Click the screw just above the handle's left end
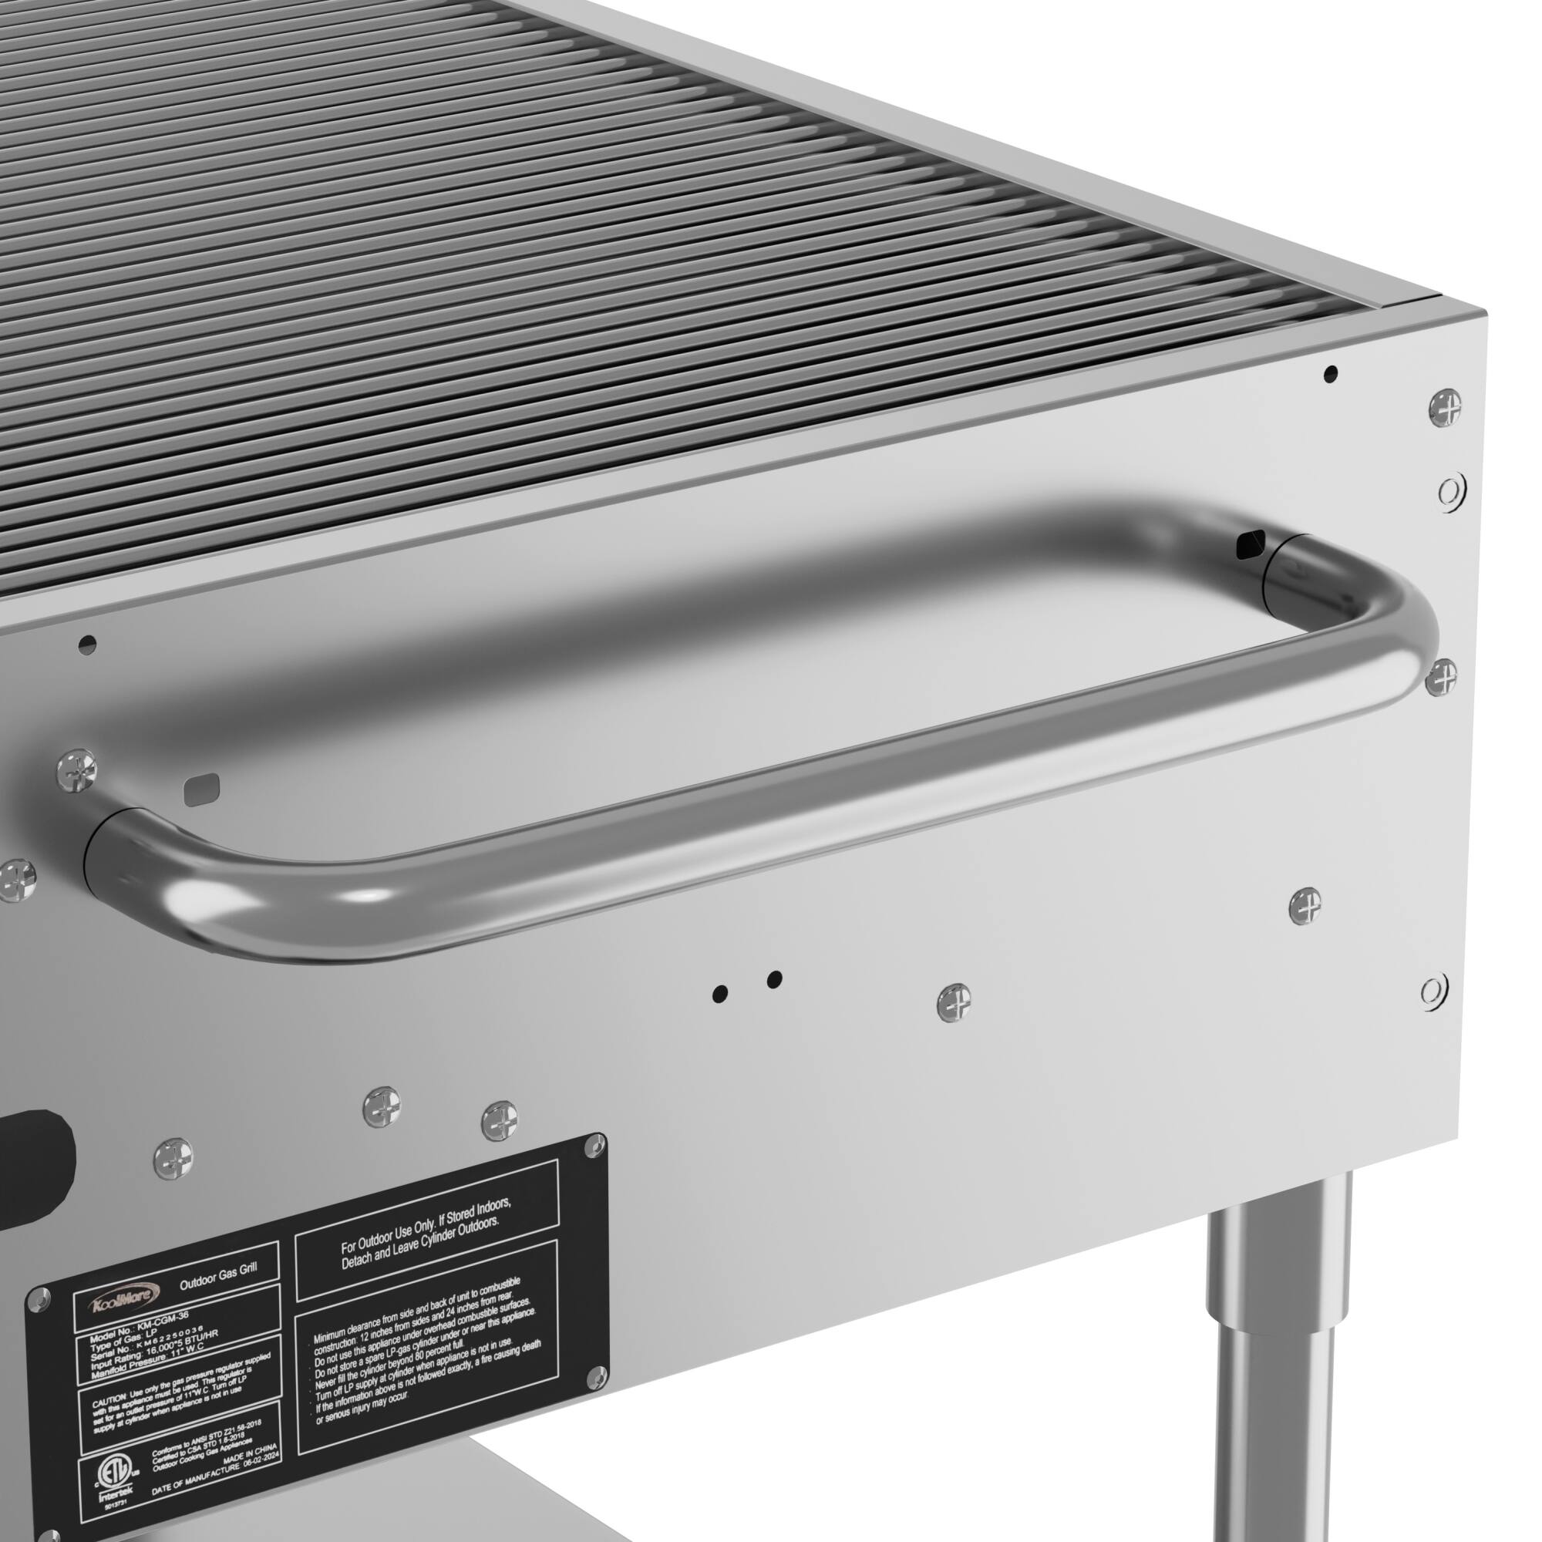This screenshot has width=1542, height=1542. pyautogui.click(x=77, y=769)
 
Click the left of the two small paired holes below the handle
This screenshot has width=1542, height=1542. pyautogui.click(x=720, y=993)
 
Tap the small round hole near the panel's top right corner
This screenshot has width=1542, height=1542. pyautogui.click(x=1330, y=372)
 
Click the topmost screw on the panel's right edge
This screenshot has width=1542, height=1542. pyautogui.click(x=1445, y=406)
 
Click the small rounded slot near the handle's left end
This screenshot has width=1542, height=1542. pyautogui.click(x=200, y=789)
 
